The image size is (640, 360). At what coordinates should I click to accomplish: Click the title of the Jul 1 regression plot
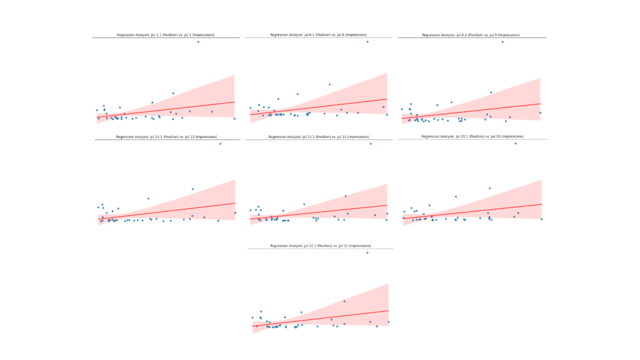pyautogui.click(x=166, y=35)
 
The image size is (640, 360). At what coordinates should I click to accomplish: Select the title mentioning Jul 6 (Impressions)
pyautogui.click(x=318, y=35)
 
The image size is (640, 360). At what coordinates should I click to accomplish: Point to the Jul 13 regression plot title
pyautogui.click(x=166, y=137)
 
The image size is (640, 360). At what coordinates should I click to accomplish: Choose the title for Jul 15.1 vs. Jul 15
pyautogui.click(x=319, y=137)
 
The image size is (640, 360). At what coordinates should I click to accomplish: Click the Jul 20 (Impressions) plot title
pyautogui.click(x=472, y=136)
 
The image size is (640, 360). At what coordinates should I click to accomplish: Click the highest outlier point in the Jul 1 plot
pyautogui.click(x=198, y=42)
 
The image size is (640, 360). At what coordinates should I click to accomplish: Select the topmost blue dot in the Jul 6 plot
pyautogui.click(x=367, y=42)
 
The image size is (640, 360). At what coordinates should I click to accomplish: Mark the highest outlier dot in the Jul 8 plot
pyautogui.click(x=502, y=42)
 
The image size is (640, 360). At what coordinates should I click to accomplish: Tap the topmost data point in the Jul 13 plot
pyautogui.click(x=220, y=144)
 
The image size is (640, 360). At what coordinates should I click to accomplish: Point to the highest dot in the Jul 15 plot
pyautogui.click(x=371, y=144)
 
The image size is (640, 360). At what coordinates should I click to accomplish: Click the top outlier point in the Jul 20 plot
pyautogui.click(x=516, y=144)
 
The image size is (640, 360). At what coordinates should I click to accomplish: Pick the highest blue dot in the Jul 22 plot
pyautogui.click(x=367, y=252)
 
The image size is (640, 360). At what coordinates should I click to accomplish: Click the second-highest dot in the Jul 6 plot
pyautogui.click(x=329, y=84)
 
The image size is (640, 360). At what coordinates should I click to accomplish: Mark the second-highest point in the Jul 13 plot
pyautogui.click(x=192, y=189)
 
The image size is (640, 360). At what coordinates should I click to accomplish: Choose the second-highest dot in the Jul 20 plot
pyautogui.click(x=490, y=188)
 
